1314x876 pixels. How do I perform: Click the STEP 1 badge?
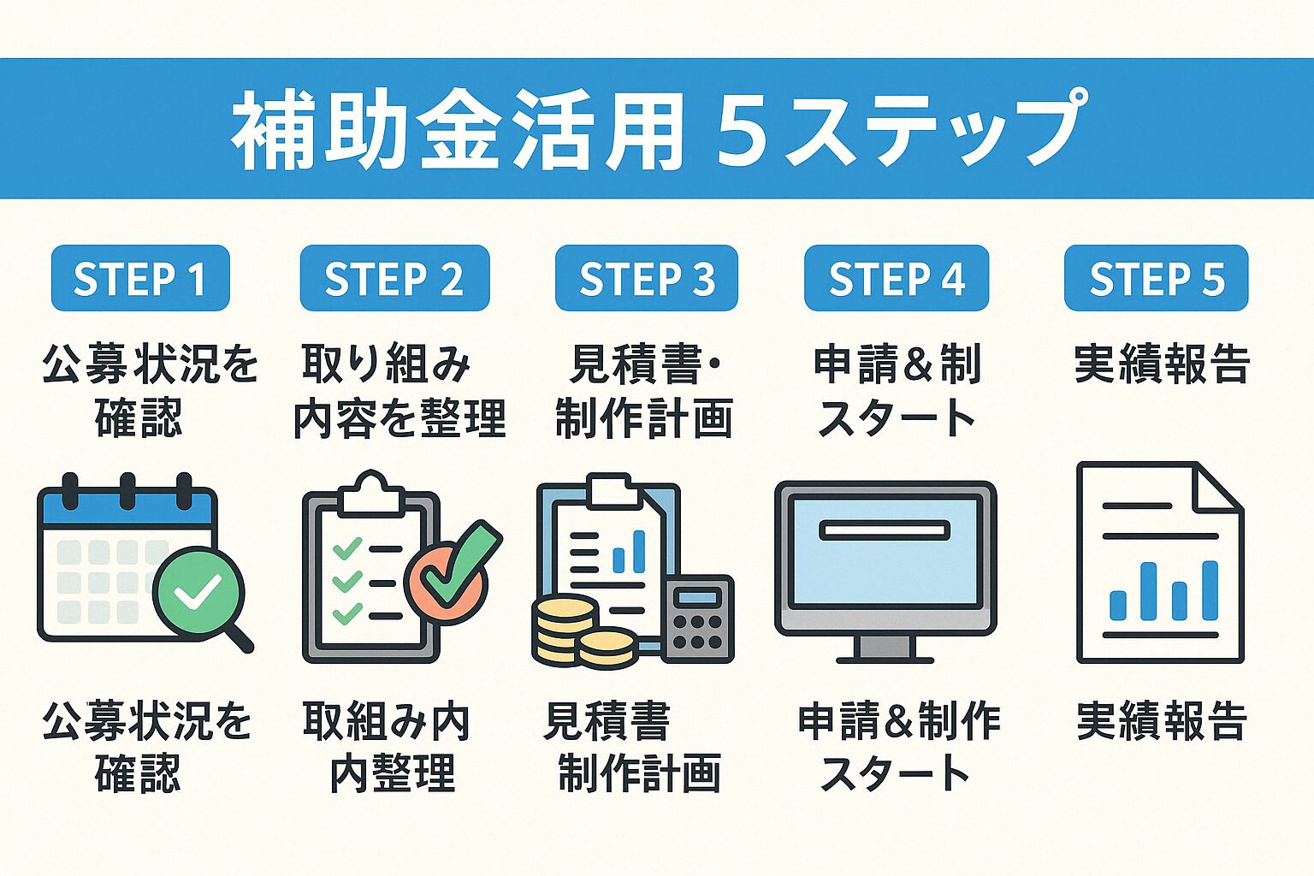140,278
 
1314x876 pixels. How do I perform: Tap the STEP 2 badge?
394,278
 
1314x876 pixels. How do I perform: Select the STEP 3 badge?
646,278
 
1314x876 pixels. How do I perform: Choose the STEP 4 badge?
896,278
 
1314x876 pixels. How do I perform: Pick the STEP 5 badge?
1156,278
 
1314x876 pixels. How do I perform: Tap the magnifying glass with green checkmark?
198,592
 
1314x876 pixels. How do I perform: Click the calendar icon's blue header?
127,509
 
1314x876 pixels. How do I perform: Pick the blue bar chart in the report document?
1163,590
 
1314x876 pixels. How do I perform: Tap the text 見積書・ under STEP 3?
646,364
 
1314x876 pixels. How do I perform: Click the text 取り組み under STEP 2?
387,364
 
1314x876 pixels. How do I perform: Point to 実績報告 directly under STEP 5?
1162,364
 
